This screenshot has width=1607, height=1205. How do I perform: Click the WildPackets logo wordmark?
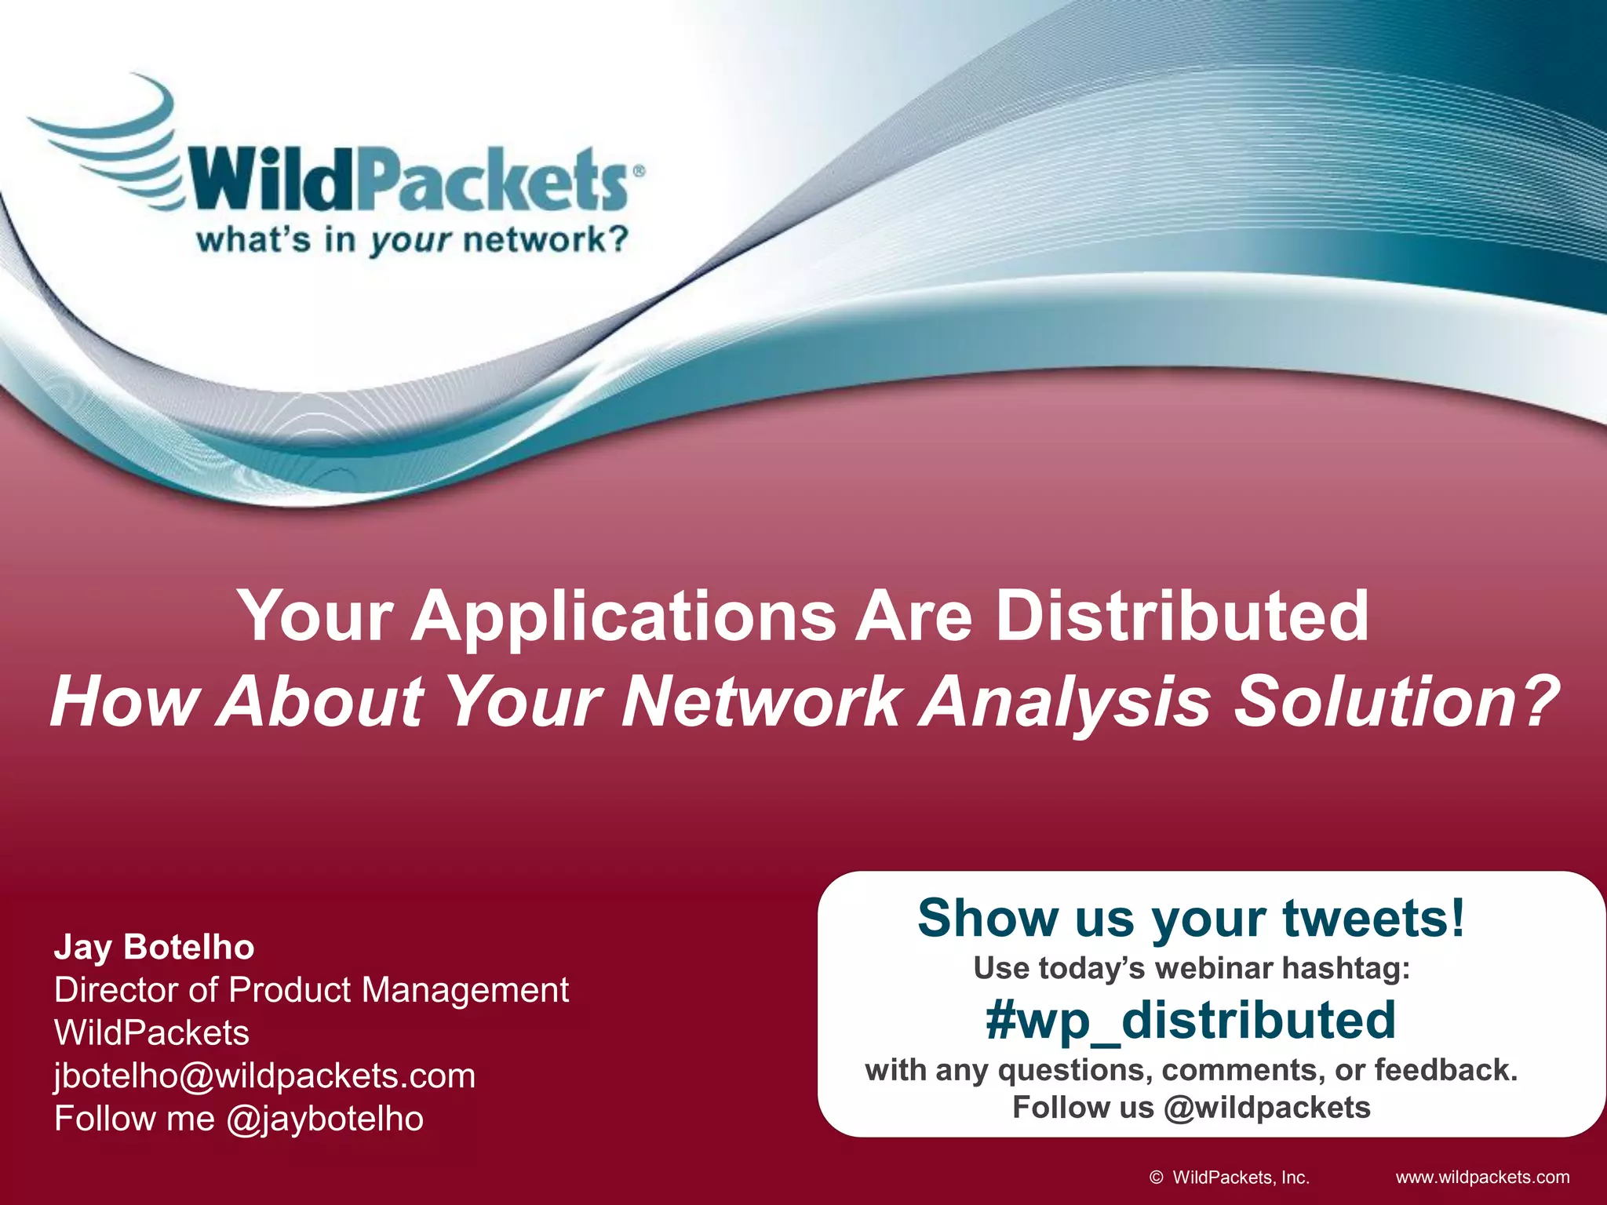tap(408, 180)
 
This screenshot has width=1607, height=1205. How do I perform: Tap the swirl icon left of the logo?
tap(110, 141)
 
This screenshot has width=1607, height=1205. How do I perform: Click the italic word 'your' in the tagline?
tap(410, 240)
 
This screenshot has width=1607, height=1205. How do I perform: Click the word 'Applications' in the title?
tap(624, 616)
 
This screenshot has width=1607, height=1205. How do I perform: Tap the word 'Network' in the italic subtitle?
tap(761, 701)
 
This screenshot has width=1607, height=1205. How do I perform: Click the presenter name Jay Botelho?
tap(154, 948)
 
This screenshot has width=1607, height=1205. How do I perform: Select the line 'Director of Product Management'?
tap(312, 990)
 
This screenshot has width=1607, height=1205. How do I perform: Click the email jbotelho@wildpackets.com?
tap(264, 1076)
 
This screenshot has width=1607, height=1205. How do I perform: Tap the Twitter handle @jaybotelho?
tap(325, 1119)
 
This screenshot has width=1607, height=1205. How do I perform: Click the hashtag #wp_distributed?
tap(1190, 1020)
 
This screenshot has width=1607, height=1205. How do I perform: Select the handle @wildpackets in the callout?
tap(1267, 1108)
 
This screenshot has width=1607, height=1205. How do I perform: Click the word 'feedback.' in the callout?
tap(1446, 1070)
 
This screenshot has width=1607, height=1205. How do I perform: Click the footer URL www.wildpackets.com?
tap(1482, 1177)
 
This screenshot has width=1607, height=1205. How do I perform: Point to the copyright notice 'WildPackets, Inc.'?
tap(1240, 1177)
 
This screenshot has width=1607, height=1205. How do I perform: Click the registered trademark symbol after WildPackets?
tap(639, 170)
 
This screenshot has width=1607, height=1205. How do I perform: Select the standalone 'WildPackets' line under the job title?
tap(151, 1032)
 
